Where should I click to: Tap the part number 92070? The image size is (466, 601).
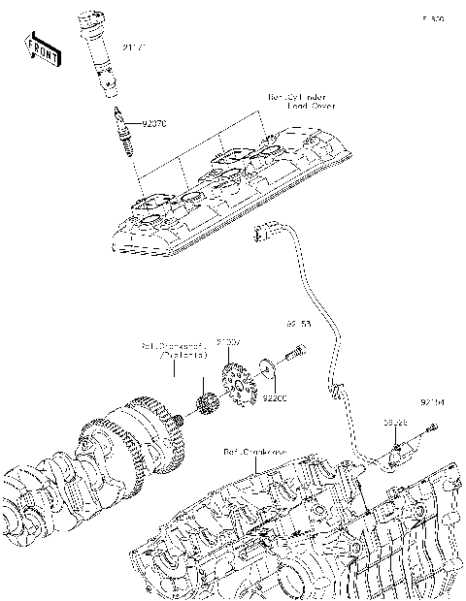[155, 124]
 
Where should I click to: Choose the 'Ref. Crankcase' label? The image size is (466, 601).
[254, 452]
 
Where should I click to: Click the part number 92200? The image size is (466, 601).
[277, 397]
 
